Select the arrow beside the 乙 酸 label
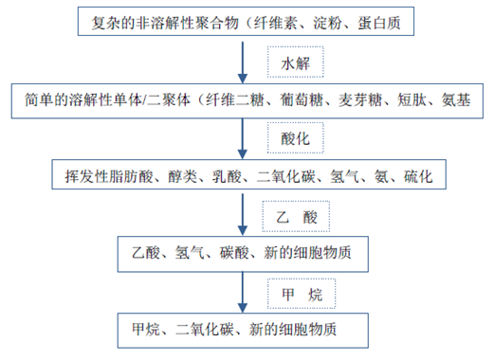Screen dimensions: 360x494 (x=244, y=217)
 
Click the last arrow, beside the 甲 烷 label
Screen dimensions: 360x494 (x=244, y=295)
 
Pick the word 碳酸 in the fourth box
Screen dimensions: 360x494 (x=237, y=254)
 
